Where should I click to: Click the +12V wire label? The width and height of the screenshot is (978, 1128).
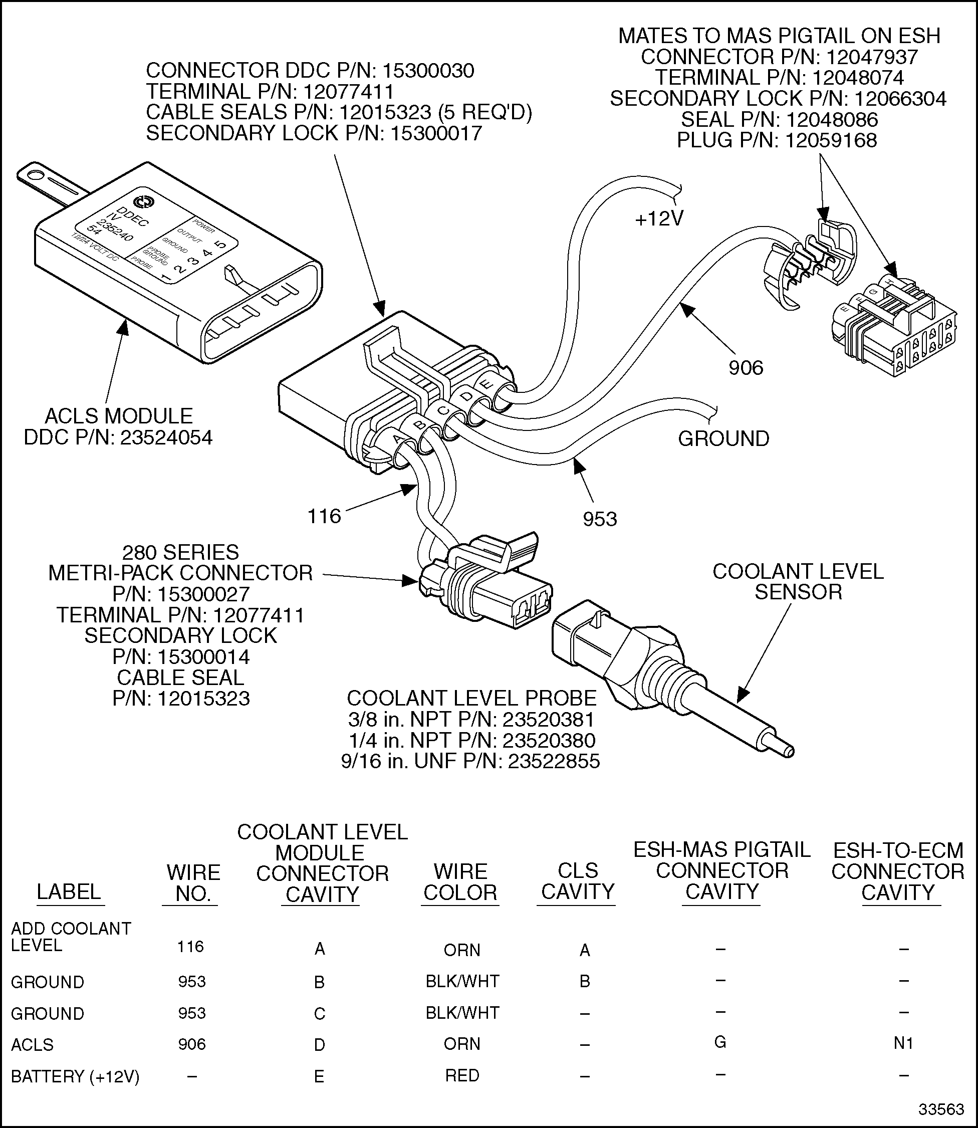pos(659,219)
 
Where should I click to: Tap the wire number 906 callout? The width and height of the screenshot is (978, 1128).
pos(746,368)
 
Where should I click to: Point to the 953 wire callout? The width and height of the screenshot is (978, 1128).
pos(599,519)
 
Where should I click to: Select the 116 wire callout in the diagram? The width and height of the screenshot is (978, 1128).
pos(324,516)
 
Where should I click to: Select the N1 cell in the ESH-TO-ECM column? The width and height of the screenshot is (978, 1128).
pos(903,1043)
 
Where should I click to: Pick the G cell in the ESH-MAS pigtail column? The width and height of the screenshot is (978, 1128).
pos(720,1042)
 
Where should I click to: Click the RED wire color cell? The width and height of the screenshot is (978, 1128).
pos(462,1075)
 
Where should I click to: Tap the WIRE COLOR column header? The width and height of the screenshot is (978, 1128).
pos(460,882)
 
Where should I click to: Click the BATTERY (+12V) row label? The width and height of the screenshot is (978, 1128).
pos(75,1077)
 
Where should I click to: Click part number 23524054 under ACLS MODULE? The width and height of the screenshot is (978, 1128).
pos(166,437)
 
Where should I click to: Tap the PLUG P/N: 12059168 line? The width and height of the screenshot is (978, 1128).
pos(777,141)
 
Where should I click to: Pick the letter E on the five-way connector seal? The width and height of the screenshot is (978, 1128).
pos(488,385)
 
